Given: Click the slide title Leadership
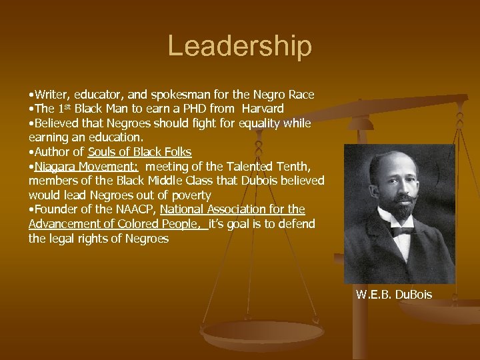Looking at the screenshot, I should [239, 46].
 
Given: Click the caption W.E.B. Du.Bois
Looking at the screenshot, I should [394, 293].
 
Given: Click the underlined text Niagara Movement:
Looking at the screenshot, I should [86, 166].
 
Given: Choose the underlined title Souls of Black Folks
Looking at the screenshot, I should [140, 152].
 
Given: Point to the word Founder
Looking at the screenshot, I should [56, 209].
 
